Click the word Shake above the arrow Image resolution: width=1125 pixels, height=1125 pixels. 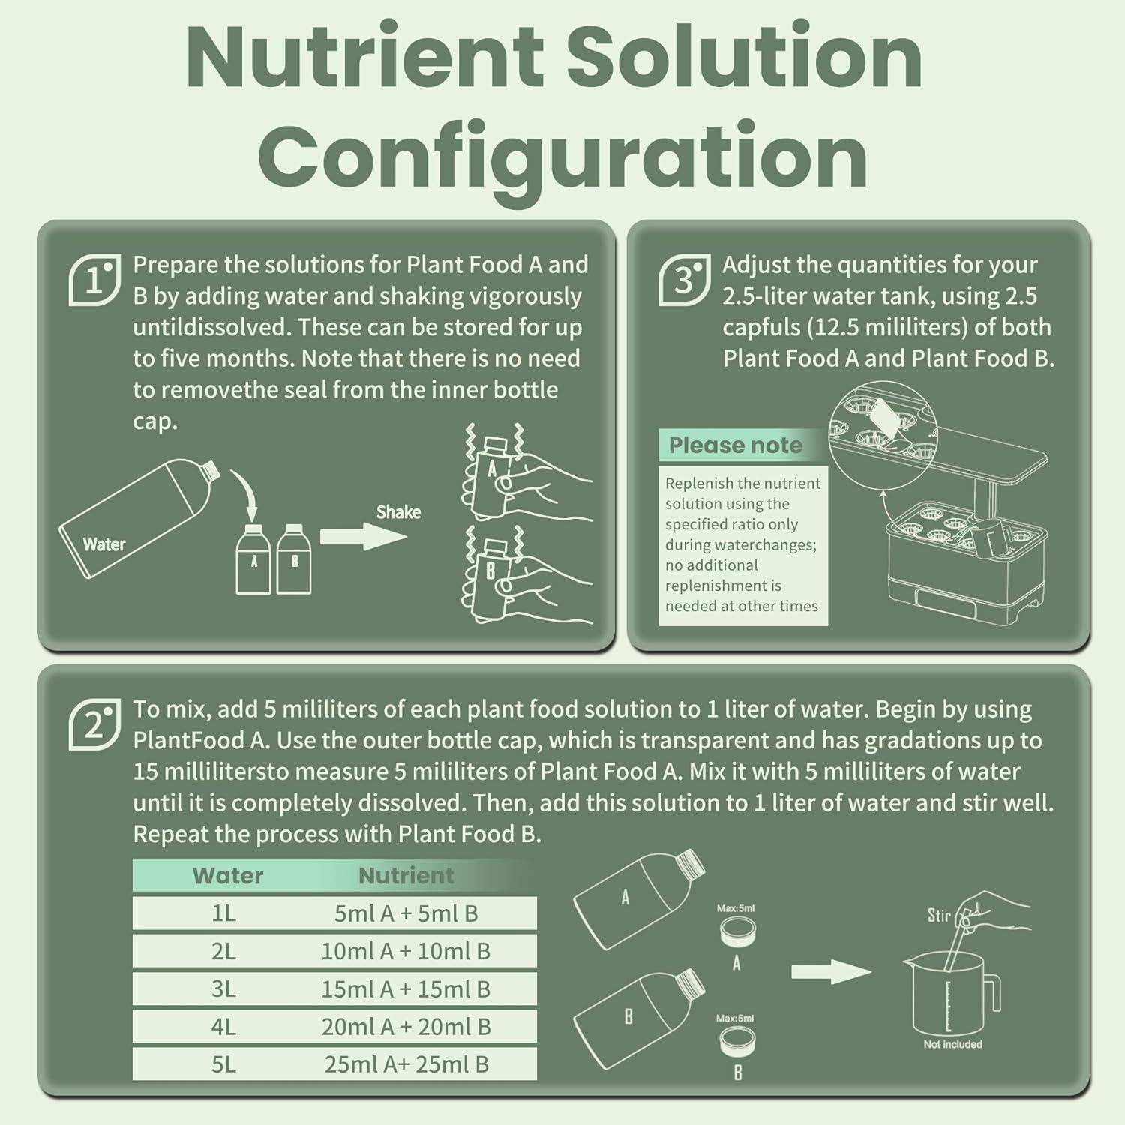pyautogui.click(x=398, y=512)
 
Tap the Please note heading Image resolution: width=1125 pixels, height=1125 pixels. pyautogui.click(x=735, y=445)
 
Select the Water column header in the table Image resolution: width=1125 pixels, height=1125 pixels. pyautogui.click(x=228, y=875)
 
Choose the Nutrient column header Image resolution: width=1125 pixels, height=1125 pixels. pyautogui.click(x=406, y=875)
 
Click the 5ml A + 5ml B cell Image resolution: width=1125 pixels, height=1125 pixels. pyautogui.click(x=406, y=913)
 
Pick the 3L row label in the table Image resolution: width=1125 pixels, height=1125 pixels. pyautogui.click(x=223, y=989)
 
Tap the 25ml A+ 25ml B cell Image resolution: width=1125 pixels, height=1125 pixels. pyautogui.click(x=406, y=1064)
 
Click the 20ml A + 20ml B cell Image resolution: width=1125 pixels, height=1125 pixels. pyautogui.click(x=406, y=1027)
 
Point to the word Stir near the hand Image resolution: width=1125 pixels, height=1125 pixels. pyautogui.click(x=939, y=916)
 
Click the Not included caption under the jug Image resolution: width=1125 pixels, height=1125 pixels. pyautogui.click(x=952, y=1044)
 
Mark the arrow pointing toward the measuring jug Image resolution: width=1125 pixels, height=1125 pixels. pyautogui.click(x=830, y=972)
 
